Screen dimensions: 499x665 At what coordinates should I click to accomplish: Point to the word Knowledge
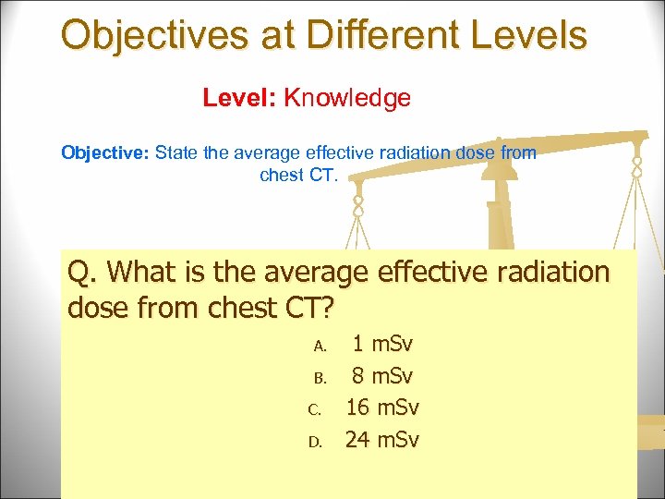[x=347, y=98]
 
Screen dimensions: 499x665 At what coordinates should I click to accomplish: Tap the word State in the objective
[x=176, y=152]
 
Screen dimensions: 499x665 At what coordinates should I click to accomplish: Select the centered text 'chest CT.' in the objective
[x=299, y=175]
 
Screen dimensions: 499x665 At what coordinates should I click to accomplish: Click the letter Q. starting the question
[x=82, y=274]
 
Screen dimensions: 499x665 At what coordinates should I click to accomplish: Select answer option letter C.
[x=315, y=409]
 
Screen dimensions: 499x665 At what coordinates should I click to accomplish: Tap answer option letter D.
[x=315, y=441]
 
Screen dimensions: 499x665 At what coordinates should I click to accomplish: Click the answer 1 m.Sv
[x=383, y=345]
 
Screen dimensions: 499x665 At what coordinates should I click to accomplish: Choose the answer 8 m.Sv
[x=383, y=376]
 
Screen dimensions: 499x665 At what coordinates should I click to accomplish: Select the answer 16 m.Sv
[x=382, y=408]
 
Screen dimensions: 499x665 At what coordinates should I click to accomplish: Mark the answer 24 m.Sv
[x=382, y=439]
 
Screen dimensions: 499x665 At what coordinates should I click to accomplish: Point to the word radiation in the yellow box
[x=547, y=274]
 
